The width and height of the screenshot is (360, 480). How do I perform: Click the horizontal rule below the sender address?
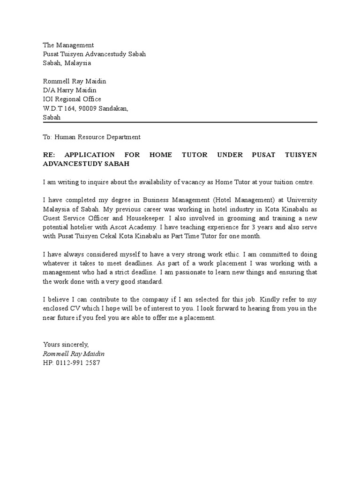pyautogui.click(x=180, y=122)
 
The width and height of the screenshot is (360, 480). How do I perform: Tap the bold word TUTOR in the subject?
pyautogui.click(x=194, y=155)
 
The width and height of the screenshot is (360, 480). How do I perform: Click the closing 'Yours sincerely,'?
pyautogui.click(x=66, y=345)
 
